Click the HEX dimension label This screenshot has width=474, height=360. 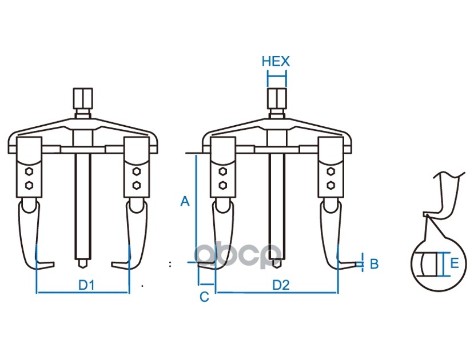pyautogui.click(x=276, y=61)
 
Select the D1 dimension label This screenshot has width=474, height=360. pyautogui.click(x=86, y=284)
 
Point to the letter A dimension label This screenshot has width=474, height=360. pyautogui.click(x=184, y=201)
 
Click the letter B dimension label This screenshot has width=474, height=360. pyautogui.click(x=374, y=263)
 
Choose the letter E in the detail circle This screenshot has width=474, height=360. pyautogui.click(x=454, y=263)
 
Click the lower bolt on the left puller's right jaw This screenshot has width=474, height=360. pyautogui.click(x=136, y=185)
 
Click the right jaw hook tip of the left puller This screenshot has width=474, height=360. pyautogui.click(x=114, y=264)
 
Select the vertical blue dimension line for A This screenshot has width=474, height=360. pyautogui.click(x=196, y=209)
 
